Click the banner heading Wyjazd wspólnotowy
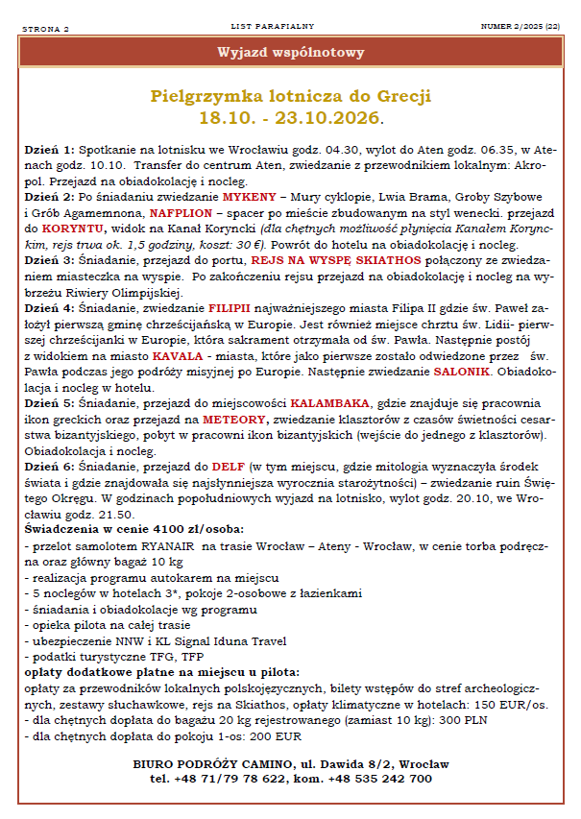pyautogui.click(x=290, y=52)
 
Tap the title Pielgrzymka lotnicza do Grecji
pyautogui.click(x=290, y=97)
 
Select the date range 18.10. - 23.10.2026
pyautogui.click(x=290, y=118)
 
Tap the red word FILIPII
pyautogui.click(x=230, y=308)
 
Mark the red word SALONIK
pyautogui.click(x=466, y=372)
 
